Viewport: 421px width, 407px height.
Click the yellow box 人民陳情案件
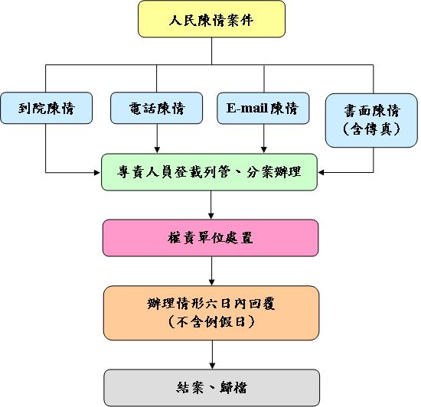point(211,19)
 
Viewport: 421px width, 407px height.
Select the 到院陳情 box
point(46,108)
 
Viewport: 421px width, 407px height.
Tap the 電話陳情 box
point(157,108)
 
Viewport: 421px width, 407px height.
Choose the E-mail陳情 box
point(263,108)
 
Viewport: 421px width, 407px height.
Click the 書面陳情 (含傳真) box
point(373,119)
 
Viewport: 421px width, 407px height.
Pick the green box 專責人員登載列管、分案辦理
point(210,172)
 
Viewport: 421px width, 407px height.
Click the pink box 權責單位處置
point(210,238)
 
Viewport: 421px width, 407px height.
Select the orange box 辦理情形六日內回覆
point(210,312)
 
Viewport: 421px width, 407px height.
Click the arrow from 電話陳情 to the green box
point(157,138)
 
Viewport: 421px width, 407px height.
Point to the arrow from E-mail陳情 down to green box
point(263,138)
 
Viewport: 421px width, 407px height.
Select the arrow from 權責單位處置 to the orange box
point(210,271)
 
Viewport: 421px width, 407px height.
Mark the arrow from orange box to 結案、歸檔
point(210,354)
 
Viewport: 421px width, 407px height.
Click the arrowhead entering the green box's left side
point(97,172)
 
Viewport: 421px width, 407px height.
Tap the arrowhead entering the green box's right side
point(324,172)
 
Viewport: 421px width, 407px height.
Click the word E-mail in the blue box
point(246,108)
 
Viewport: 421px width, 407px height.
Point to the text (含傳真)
point(373,129)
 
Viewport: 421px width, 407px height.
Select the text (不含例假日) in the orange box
point(210,323)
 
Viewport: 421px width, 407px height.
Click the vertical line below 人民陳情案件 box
point(211,51)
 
